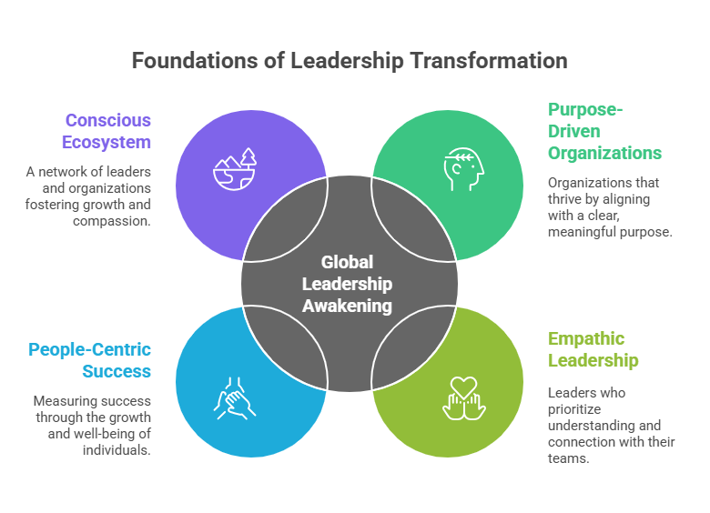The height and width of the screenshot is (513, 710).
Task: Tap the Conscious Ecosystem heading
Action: click(x=107, y=131)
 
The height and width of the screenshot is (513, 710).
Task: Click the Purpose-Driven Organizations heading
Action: click(x=603, y=131)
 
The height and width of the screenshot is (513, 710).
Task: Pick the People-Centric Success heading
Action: click(x=90, y=360)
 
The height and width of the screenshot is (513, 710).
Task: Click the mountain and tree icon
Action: click(x=235, y=169)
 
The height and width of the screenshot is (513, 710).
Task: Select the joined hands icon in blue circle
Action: click(x=235, y=397)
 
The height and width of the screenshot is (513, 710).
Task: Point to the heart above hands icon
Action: click(x=464, y=397)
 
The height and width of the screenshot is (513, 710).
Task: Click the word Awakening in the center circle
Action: click(x=348, y=306)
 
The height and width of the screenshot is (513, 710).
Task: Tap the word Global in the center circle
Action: click(x=348, y=263)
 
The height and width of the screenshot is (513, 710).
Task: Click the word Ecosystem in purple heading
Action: click(x=107, y=142)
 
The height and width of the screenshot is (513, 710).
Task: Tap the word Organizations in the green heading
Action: click(x=603, y=153)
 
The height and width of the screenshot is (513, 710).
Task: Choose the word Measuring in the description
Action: click(x=66, y=401)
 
